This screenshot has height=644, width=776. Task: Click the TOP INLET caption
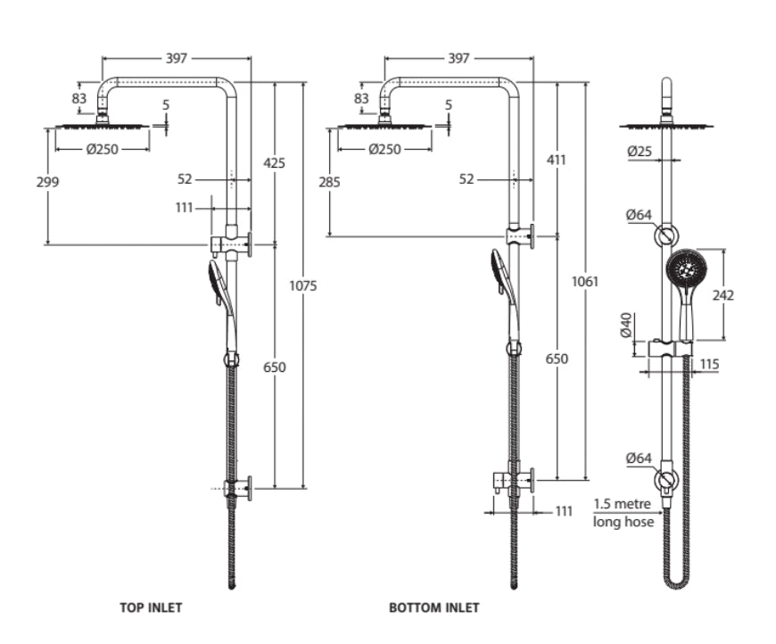click(x=151, y=607)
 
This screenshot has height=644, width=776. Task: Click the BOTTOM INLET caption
click(x=434, y=607)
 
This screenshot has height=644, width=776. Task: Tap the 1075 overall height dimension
click(x=303, y=285)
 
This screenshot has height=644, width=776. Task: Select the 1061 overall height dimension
click(x=585, y=281)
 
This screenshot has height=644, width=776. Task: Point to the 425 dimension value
click(x=274, y=162)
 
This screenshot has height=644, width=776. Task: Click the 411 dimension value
click(x=557, y=160)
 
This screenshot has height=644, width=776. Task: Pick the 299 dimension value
click(x=47, y=182)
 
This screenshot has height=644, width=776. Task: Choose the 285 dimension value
click(x=329, y=182)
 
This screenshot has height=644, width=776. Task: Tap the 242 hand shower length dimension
click(x=723, y=295)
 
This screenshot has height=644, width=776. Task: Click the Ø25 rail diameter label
click(x=640, y=151)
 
